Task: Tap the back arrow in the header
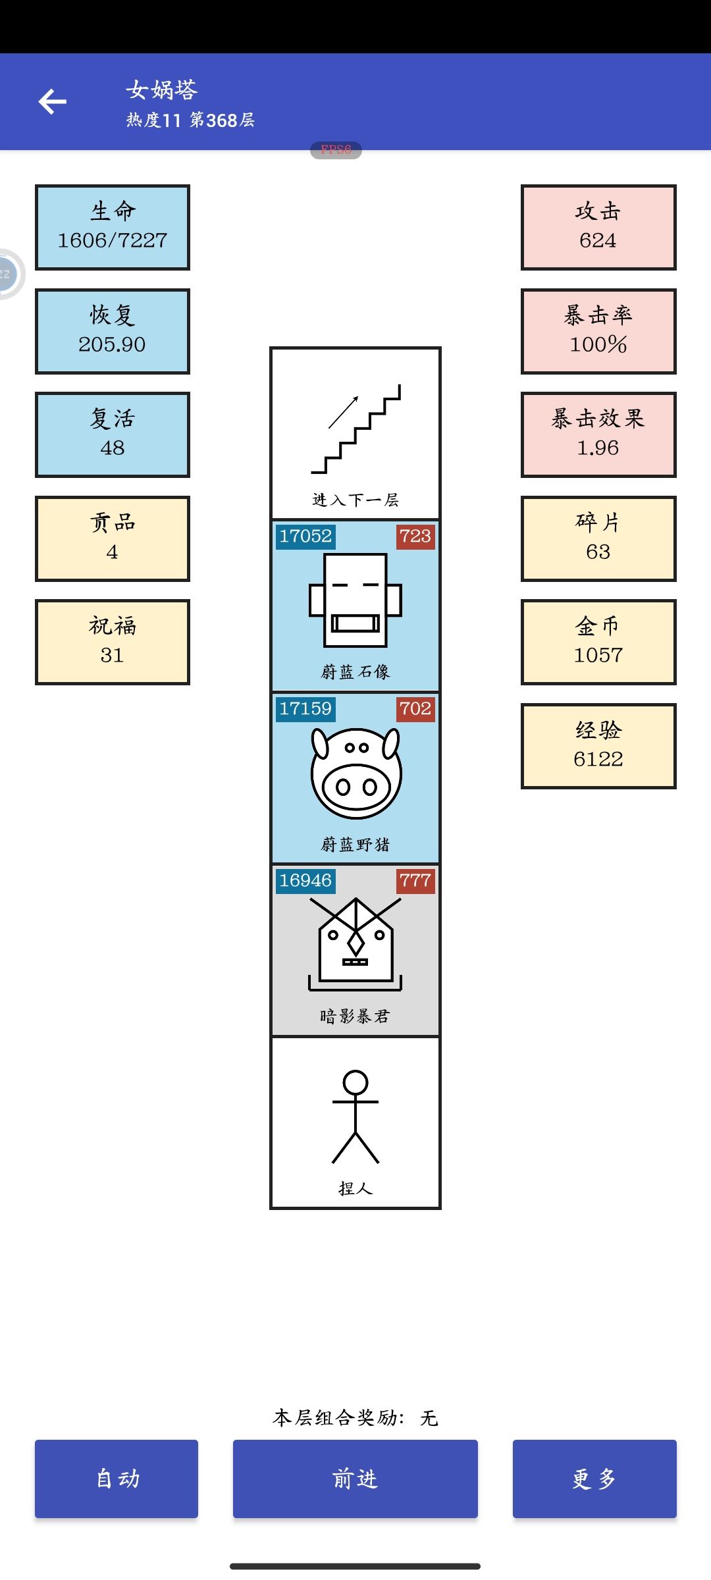point(53,101)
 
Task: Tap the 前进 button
point(355,1479)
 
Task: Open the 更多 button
point(594,1479)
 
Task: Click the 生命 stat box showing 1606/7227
point(113,227)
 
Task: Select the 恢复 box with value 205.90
point(113,331)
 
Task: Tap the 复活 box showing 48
point(113,434)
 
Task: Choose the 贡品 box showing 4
point(113,539)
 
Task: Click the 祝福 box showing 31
point(113,642)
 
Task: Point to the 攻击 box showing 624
point(598,227)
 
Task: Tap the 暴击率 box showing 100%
point(598,331)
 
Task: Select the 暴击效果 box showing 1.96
point(598,434)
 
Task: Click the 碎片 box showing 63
point(598,539)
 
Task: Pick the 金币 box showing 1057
point(598,642)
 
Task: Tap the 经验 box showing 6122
point(598,746)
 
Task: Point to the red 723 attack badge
point(415,537)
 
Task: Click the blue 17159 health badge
point(305,709)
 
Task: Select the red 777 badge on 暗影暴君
point(415,881)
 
